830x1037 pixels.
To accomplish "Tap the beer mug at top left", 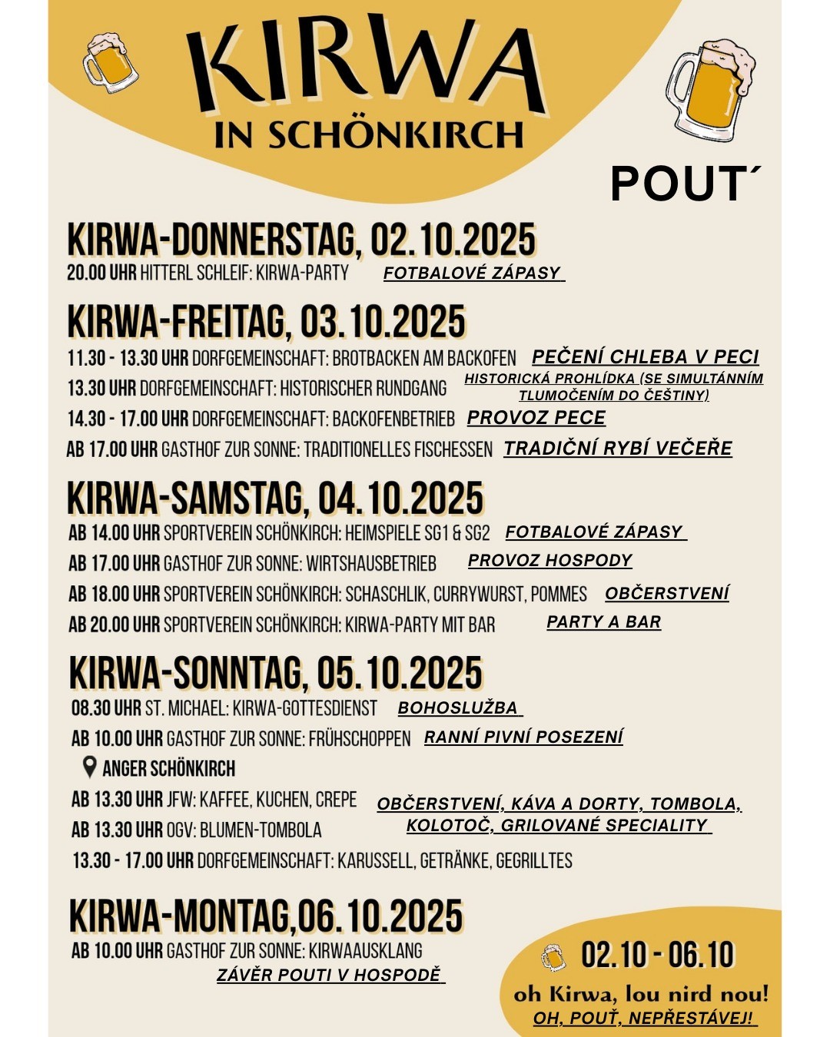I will point(110,62).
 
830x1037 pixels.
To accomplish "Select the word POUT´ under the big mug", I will point(684,184).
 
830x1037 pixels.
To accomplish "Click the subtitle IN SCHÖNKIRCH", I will point(369,135).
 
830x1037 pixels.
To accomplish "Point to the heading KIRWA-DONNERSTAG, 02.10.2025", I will point(301,240).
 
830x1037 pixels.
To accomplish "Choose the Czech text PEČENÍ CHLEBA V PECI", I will point(645,357).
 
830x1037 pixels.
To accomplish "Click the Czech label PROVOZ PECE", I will point(536,418).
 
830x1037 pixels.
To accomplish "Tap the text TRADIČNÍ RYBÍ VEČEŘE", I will point(618,449).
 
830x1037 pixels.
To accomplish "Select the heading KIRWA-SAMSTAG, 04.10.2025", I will point(275,499).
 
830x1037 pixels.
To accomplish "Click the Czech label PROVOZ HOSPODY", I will point(549,561).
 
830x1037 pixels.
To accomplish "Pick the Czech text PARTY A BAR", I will point(603,622).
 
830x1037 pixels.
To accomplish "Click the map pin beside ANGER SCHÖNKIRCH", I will point(90,767).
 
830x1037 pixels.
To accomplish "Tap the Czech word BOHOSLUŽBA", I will point(458,708).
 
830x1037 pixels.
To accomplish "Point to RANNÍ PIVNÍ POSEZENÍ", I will point(523,737).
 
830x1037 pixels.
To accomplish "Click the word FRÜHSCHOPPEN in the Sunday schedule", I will point(360,739).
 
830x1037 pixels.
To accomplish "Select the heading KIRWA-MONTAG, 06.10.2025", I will point(266,916).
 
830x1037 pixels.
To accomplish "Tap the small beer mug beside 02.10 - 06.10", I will point(553,957).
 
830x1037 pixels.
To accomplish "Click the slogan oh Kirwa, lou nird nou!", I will point(641,995).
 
